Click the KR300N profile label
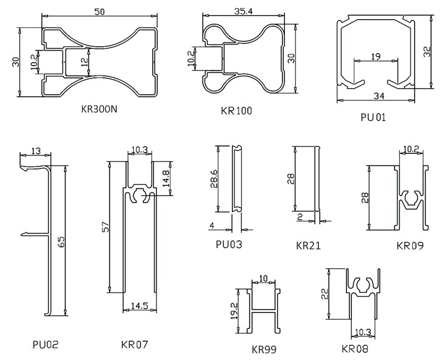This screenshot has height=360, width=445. click(99, 109)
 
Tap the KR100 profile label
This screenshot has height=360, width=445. click(236, 111)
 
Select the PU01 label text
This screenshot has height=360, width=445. click(373, 117)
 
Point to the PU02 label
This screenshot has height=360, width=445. click(46, 345)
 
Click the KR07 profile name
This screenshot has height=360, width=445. click(135, 345)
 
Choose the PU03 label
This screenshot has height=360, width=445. click(229, 244)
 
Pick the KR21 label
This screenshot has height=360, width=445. click(308, 246)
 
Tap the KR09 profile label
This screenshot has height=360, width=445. click(410, 246)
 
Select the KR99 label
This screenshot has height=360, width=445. click(264, 350)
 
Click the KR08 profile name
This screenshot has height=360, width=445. click(355, 348)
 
